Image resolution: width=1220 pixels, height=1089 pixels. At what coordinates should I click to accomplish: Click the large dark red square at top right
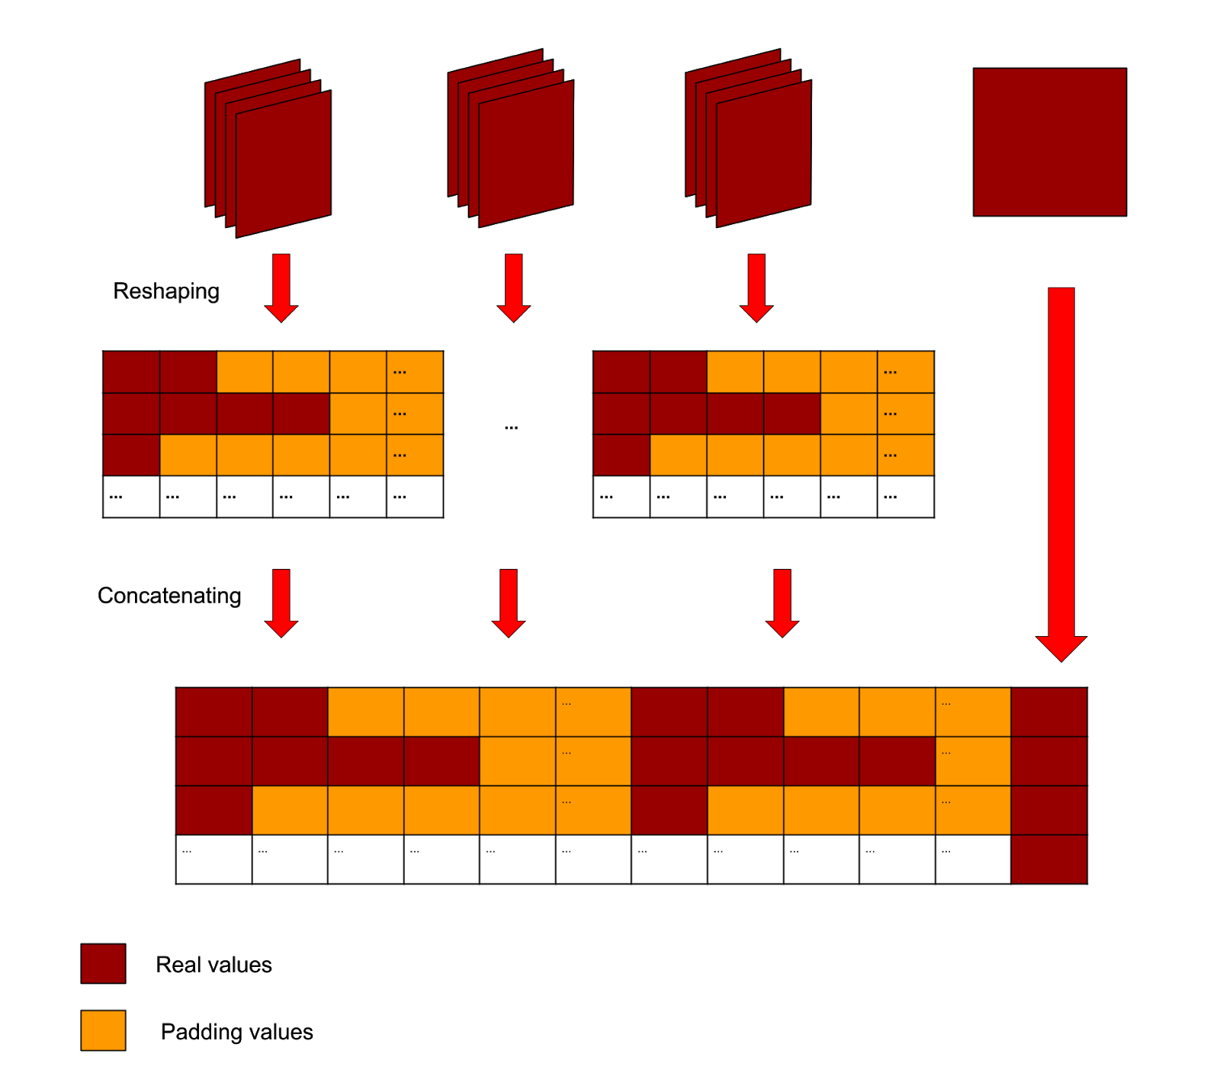tap(1049, 142)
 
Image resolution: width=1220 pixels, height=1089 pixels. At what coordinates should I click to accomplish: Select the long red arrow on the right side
tap(1061, 458)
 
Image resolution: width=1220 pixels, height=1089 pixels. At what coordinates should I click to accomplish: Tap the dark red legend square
tap(103, 963)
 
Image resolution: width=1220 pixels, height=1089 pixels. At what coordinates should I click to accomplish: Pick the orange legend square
tap(103, 1030)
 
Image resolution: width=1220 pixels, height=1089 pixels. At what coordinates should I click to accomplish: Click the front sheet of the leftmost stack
tap(284, 164)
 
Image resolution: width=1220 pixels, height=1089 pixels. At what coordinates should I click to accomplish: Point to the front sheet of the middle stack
tap(526, 153)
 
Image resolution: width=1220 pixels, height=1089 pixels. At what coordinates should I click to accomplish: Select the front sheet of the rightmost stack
tap(763, 153)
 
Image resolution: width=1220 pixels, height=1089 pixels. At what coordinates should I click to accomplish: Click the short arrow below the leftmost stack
tap(281, 287)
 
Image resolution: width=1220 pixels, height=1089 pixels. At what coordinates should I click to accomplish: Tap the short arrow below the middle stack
tap(513, 287)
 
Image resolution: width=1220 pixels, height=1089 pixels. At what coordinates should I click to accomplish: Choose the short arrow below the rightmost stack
tap(756, 287)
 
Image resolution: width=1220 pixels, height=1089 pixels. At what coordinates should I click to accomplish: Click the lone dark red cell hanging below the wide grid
tap(1048, 859)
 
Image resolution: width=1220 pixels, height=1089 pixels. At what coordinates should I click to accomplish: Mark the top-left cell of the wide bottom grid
tap(214, 712)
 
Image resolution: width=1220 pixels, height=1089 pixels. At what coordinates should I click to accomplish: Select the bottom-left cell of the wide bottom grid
tap(214, 810)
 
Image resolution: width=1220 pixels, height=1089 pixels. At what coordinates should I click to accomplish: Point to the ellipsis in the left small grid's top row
tap(400, 372)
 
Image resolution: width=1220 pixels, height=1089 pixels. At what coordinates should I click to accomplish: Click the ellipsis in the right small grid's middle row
tap(890, 414)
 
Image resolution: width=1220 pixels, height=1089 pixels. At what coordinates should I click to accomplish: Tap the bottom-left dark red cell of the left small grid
tap(131, 455)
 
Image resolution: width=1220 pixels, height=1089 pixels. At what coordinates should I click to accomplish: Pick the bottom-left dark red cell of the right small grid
tap(621, 455)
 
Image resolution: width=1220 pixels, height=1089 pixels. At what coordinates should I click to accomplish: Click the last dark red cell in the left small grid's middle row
tap(301, 413)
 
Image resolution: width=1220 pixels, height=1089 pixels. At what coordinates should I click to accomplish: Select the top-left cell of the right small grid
tap(621, 372)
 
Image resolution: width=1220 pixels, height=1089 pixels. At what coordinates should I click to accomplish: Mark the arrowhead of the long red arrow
tap(1061, 647)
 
